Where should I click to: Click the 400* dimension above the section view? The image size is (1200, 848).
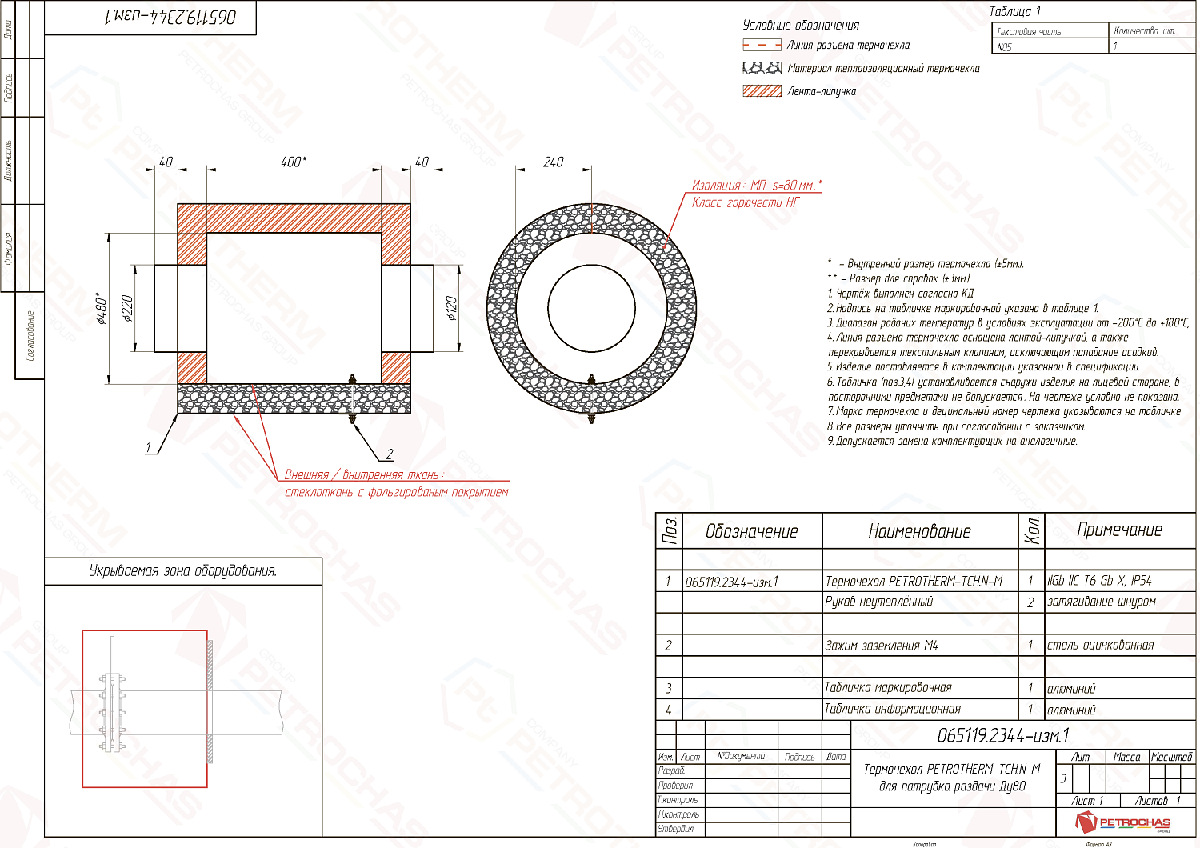(293, 162)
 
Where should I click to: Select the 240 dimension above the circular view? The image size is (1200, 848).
(554, 162)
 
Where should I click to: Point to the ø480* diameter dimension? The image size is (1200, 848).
(102, 309)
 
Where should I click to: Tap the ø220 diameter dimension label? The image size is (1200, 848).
(127, 309)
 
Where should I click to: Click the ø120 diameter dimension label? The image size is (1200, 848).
(452, 309)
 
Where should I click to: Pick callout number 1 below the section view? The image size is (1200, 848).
(149, 448)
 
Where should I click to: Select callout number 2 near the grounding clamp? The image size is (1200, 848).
(390, 454)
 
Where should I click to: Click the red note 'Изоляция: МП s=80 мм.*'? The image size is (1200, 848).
(756, 186)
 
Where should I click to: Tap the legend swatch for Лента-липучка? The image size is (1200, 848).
(762, 91)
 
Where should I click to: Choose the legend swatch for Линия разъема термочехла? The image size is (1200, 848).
(762, 46)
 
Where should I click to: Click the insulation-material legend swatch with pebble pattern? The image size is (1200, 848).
(762, 68)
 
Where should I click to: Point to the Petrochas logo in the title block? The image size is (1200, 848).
(1123, 822)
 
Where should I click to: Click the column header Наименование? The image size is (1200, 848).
(919, 531)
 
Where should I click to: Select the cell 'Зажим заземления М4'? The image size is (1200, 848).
(881, 646)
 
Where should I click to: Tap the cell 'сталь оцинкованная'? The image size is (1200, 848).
(1101, 646)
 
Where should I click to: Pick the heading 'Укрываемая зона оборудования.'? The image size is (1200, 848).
(183, 571)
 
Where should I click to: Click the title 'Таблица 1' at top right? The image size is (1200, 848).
(1014, 11)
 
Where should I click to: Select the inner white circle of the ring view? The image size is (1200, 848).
(591, 307)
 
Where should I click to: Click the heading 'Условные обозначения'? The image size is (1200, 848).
(801, 26)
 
